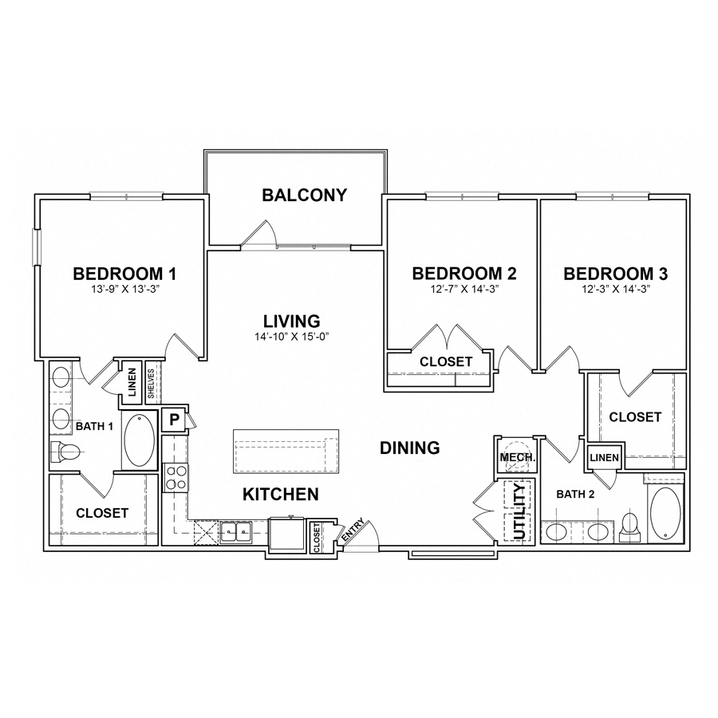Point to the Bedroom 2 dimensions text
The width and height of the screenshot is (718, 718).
(464, 290)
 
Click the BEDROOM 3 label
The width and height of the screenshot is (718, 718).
(615, 274)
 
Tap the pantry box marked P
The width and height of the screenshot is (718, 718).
(173, 419)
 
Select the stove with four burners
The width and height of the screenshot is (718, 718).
(175, 477)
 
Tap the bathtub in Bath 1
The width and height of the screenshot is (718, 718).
(141, 440)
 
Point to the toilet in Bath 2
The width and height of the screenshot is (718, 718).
(629, 525)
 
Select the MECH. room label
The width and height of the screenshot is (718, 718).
(515, 458)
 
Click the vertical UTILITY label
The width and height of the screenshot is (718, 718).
(519, 511)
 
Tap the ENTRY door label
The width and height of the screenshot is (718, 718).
(353, 533)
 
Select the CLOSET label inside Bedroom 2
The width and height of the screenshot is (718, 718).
(447, 362)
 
